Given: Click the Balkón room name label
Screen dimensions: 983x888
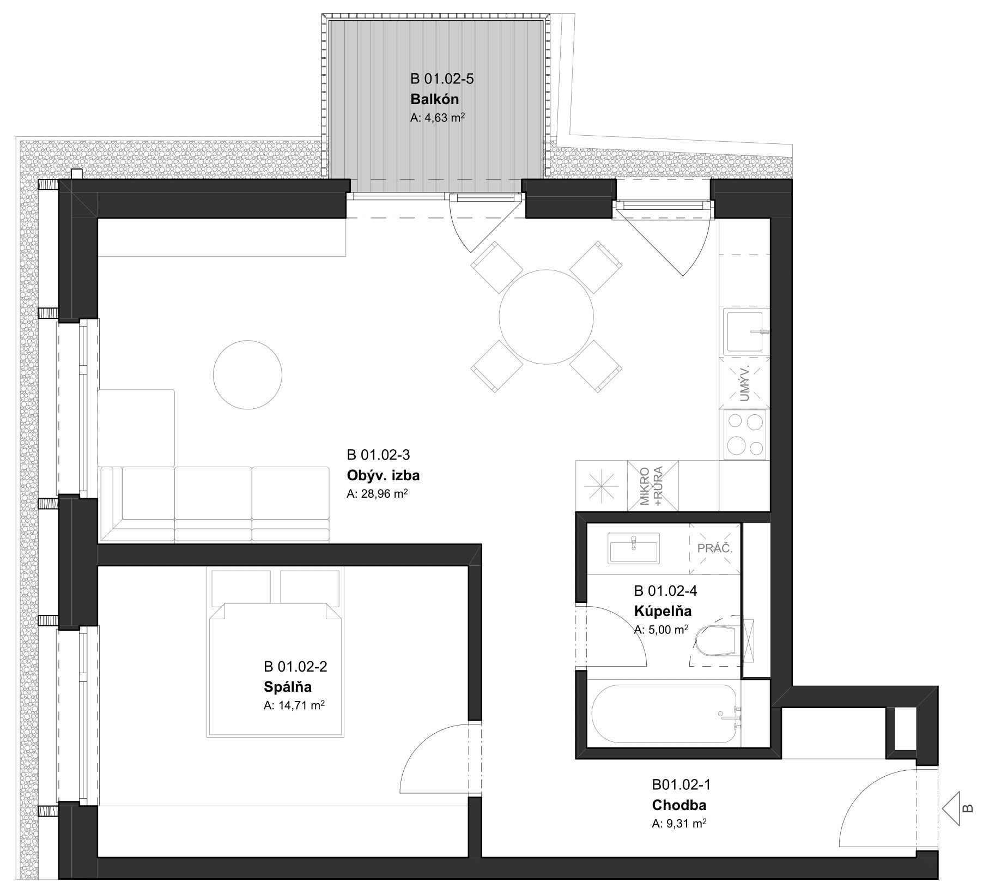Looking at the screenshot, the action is [x=434, y=99].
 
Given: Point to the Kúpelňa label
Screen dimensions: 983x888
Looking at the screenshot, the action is [x=663, y=611].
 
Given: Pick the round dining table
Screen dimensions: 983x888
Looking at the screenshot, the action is [x=547, y=317].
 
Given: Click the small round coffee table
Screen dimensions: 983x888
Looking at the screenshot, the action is [x=247, y=374].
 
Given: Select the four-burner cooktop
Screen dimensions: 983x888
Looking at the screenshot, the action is [x=745, y=434].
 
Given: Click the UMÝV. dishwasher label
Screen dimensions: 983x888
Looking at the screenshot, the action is [x=744, y=383].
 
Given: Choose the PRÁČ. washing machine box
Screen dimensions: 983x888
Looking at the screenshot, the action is [x=715, y=548].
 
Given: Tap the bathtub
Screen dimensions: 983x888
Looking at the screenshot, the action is [x=665, y=714].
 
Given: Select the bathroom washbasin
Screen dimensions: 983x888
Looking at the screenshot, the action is [x=633, y=548].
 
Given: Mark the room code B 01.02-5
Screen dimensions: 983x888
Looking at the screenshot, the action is [x=442, y=79].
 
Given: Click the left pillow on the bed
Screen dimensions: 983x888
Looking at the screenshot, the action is [x=241, y=587].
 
